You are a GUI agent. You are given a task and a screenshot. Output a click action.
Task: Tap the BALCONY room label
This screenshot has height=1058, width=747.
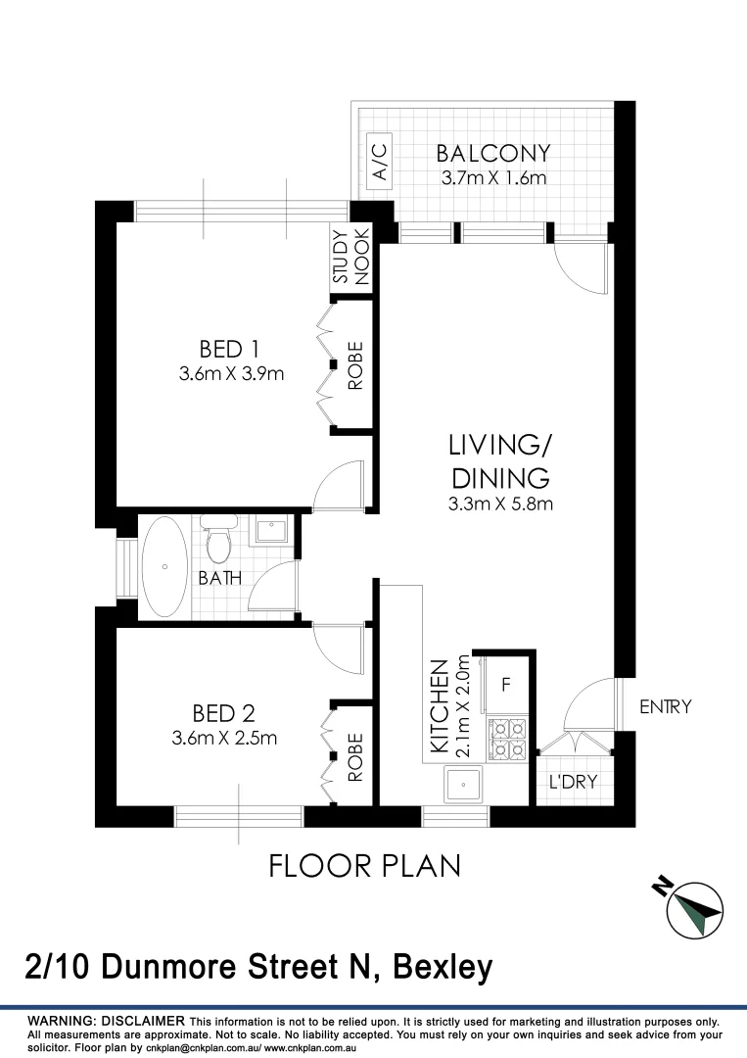(x=492, y=154)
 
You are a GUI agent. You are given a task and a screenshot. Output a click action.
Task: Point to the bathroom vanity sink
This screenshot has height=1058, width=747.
(x=269, y=531)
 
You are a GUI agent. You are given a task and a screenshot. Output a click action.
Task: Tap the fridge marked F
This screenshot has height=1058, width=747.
(x=506, y=684)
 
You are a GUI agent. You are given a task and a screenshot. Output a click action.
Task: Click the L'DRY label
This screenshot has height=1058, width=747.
(x=572, y=783)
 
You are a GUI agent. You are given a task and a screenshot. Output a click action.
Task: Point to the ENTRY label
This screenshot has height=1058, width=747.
(x=665, y=706)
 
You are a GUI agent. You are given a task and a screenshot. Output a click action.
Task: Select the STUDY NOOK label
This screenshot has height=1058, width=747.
(x=350, y=257)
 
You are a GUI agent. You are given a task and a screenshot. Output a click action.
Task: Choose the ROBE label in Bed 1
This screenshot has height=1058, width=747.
(x=355, y=365)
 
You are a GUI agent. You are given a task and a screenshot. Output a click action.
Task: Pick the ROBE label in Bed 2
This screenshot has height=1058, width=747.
(x=355, y=756)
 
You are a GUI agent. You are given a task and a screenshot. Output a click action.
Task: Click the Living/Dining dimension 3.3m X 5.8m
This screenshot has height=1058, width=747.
(x=500, y=505)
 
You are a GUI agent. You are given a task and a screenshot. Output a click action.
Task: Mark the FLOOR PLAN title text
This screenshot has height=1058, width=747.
(x=364, y=866)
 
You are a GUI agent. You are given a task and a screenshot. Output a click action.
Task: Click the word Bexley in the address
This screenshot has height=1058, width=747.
(x=443, y=968)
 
